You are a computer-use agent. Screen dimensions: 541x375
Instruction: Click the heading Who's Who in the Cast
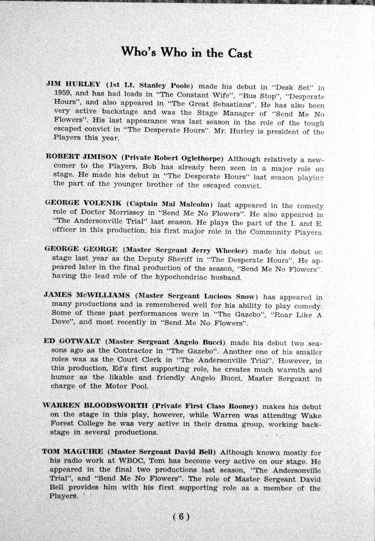click(187, 52)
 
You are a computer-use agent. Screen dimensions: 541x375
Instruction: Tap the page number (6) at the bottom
click(180, 517)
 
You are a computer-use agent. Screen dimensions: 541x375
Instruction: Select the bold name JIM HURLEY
click(73, 84)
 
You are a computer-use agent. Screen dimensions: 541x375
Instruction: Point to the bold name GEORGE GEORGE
click(81, 248)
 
